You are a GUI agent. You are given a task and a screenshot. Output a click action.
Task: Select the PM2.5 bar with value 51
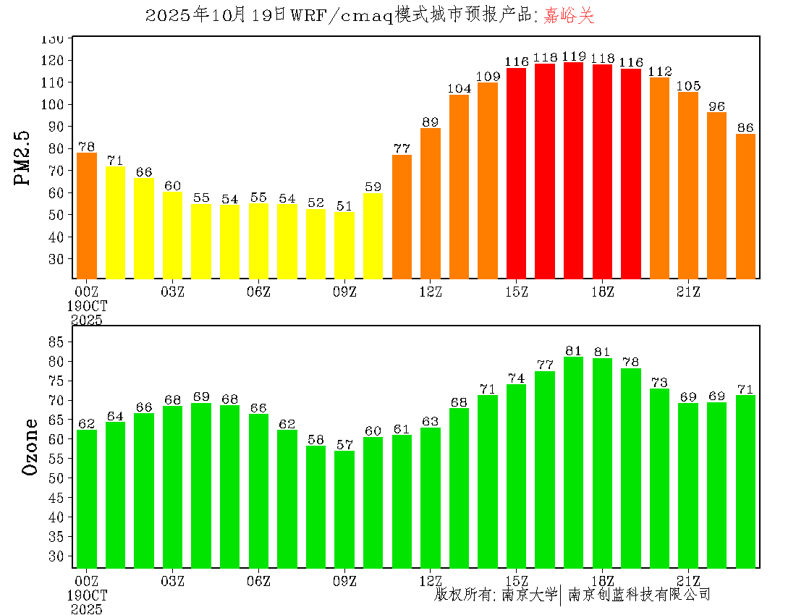344,245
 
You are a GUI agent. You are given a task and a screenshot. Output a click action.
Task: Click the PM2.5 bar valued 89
431,203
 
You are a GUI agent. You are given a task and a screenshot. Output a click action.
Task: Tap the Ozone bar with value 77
545,470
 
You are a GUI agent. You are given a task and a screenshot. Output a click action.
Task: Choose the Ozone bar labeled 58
316,506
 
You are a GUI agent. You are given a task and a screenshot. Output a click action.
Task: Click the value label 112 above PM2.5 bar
660,71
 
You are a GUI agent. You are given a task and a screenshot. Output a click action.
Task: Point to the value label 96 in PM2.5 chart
716,106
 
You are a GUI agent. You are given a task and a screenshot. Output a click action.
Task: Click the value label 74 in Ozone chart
516,378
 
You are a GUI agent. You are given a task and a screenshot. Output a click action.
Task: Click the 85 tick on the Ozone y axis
61,342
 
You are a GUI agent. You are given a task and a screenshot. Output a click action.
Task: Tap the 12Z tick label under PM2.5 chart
431,292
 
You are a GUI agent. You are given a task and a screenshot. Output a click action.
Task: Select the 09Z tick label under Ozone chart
344,580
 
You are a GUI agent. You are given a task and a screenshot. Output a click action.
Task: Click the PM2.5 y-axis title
23,158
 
